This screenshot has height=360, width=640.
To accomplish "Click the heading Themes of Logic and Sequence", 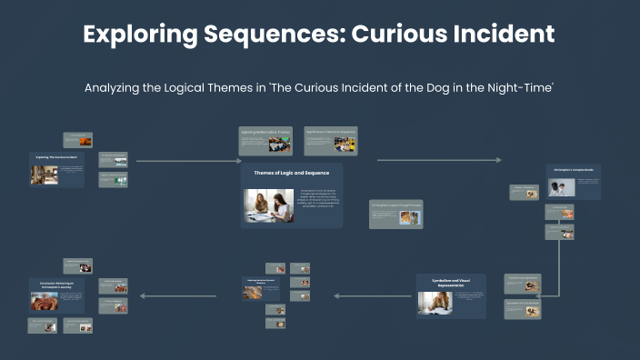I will (x=291, y=172).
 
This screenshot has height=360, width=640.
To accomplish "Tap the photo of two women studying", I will (x=269, y=205).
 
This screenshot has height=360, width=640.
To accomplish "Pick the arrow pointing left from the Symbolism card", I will (x=373, y=295).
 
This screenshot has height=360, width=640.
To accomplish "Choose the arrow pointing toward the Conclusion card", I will (x=177, y=295).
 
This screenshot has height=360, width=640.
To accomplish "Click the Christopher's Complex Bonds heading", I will (x=573, y=169).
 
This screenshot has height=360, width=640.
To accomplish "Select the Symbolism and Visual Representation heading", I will (x=451, y=282).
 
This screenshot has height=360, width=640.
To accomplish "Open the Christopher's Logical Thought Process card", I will (x=395, y=214).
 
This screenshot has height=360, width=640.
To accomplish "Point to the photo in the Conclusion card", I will (x=45, y=301).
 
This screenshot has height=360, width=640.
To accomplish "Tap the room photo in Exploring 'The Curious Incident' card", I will (x=40, y=175).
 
